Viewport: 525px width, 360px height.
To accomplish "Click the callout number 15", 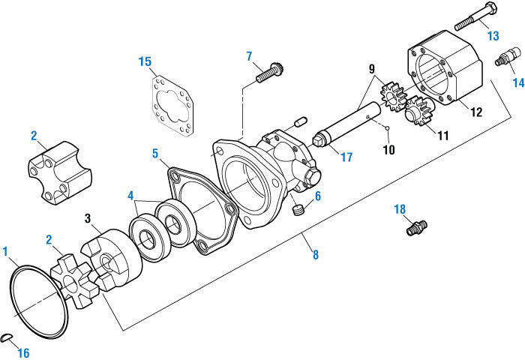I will [x=145, y=61].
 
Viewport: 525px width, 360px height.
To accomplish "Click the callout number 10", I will [x=388, y=150].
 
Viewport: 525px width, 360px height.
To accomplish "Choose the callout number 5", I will [x=154, y=153].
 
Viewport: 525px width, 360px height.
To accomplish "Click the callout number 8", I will [x=315, y=255].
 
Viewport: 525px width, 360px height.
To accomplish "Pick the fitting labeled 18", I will [x=415, y=226].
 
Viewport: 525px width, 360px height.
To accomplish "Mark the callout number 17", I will [x=346, y=157].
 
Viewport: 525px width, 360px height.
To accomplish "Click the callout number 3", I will [x=88, y=218].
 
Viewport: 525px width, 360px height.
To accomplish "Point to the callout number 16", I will [x=24, y=352].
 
